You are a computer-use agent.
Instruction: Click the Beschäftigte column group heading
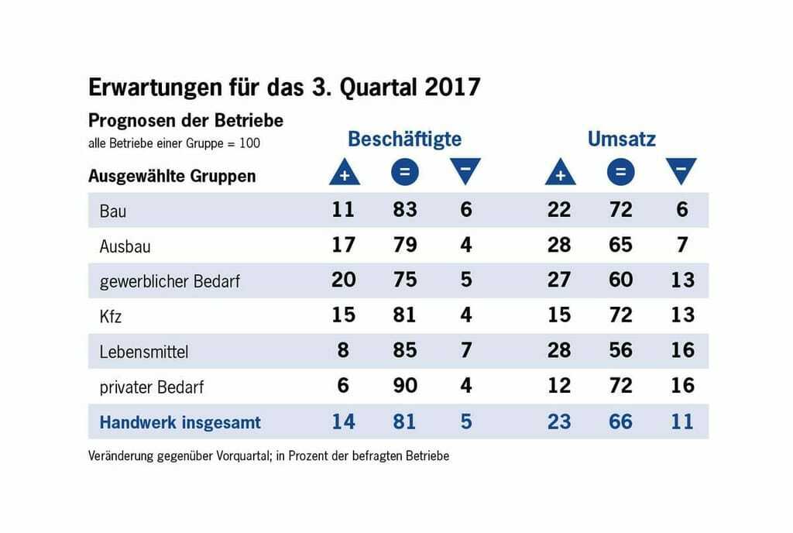(404, 139)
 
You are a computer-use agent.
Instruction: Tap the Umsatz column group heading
(621, 139)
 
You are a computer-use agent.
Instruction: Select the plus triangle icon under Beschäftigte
(344, 173)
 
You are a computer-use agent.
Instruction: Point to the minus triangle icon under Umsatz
(681, 171)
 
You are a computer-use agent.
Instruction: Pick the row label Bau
(112, 211)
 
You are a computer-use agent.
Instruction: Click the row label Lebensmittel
(144, 352)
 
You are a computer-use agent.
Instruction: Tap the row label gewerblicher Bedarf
(170, 281)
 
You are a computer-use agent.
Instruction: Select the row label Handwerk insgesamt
(180, 423)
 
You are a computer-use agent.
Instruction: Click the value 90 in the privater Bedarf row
(404, 386)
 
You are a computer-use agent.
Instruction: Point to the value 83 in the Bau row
(404, 209)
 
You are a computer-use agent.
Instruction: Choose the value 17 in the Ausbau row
(343, 245)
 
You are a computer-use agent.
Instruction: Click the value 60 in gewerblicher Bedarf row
(620, 280)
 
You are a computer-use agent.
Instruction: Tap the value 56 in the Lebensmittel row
(620, 350)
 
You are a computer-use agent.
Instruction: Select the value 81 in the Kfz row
(404, 315)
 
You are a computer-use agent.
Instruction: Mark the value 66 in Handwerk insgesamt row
(620, 421)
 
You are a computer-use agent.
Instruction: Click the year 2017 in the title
(452, 87)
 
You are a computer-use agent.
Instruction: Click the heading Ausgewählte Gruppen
(172, 176)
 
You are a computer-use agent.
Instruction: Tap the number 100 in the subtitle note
(249, 143)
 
